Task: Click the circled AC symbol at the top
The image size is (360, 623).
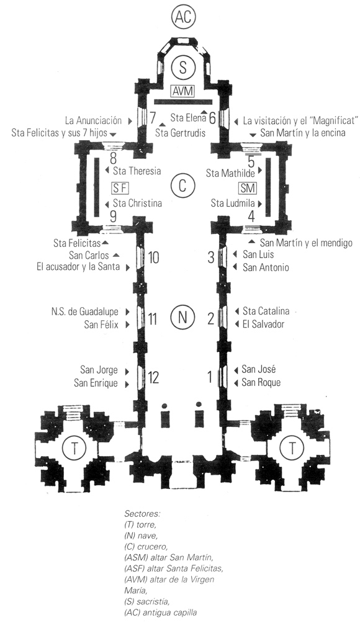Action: click(183, 17)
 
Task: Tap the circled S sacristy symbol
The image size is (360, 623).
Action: click(182, 67)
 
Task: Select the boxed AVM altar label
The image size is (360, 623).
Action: click(182, 91)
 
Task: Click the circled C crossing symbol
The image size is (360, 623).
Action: click(182, 186)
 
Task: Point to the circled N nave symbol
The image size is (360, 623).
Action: click(182, 318)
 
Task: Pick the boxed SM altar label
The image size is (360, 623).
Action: click(248, 187)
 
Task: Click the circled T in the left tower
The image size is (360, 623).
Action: click(74, 448)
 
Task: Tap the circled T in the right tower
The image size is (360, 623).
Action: click(292, 448)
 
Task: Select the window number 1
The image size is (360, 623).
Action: click(210, 377)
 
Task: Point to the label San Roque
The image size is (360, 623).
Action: click(261, 383)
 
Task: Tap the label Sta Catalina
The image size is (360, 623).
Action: click(266, 311)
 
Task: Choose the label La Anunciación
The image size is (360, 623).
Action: click(93, 120)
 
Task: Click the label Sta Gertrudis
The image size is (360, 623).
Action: click(181, 132)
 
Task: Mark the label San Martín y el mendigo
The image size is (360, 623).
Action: click(306, 243)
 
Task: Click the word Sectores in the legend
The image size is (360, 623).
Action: click(142, 513)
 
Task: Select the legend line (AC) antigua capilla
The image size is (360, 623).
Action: click(161, 612)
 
